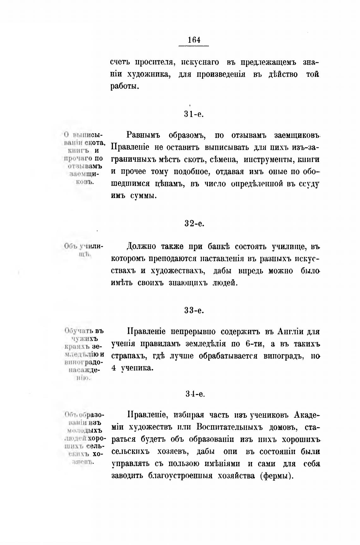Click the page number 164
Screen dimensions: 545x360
click(194, 40)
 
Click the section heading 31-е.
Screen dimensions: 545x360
click(194, 114)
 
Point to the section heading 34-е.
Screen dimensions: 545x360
click(195, 394)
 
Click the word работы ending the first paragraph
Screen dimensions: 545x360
click(125, 86)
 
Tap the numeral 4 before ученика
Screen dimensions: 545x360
click(114, 368)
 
